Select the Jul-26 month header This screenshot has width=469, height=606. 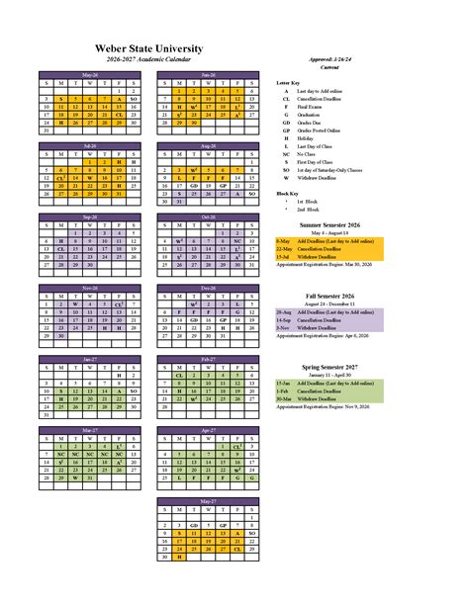point(91,145)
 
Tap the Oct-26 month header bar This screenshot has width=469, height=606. point(209,216)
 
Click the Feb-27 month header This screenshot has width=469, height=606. point(209,359)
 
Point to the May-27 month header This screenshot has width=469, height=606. point(209,501)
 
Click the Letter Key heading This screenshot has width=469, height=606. point(288,83)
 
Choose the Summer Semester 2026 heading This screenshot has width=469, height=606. point(332,223)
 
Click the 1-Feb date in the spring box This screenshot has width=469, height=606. point(283,391)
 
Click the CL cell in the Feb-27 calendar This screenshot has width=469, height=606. point(179,376)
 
